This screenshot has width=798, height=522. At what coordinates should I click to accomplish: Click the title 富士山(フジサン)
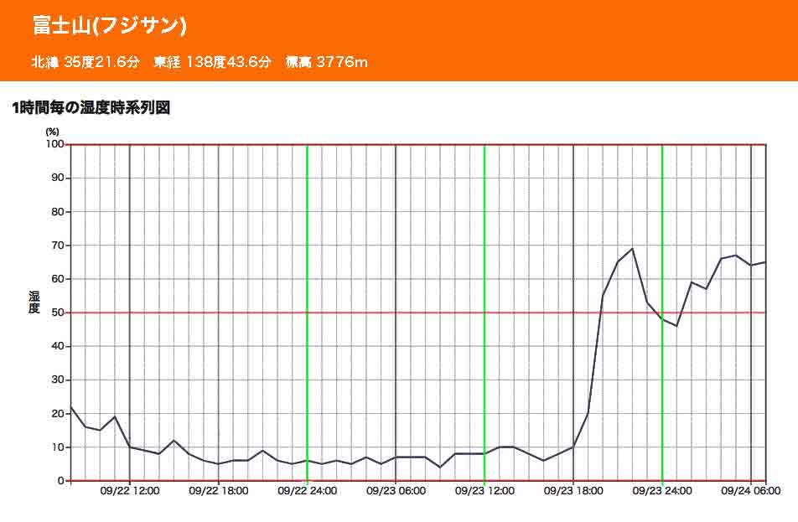tap(110, 26)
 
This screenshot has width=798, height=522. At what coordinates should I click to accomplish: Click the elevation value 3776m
tap(342, 62)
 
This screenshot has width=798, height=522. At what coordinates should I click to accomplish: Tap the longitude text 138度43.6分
tap(226, 62)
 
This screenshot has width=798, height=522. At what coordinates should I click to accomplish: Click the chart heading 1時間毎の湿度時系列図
tap(91, 108)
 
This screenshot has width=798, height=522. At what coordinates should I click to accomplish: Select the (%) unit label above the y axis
tap(53, 132)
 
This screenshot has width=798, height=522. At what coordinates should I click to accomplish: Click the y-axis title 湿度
tap(34, 302)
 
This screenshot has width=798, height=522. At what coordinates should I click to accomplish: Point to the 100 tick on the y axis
tap(54, 144)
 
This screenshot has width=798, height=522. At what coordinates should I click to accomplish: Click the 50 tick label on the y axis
tap(57, 313)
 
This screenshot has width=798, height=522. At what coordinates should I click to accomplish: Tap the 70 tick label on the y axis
tap(57, 245)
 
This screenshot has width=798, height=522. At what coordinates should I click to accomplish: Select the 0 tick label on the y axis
tap(60, 481)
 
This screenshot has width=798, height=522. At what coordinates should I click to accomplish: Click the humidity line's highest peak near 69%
tap(632, 249)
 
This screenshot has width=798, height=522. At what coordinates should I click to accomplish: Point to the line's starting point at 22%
tap(71, 407)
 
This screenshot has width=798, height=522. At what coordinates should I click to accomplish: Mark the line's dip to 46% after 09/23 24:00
tap(676, 326)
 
